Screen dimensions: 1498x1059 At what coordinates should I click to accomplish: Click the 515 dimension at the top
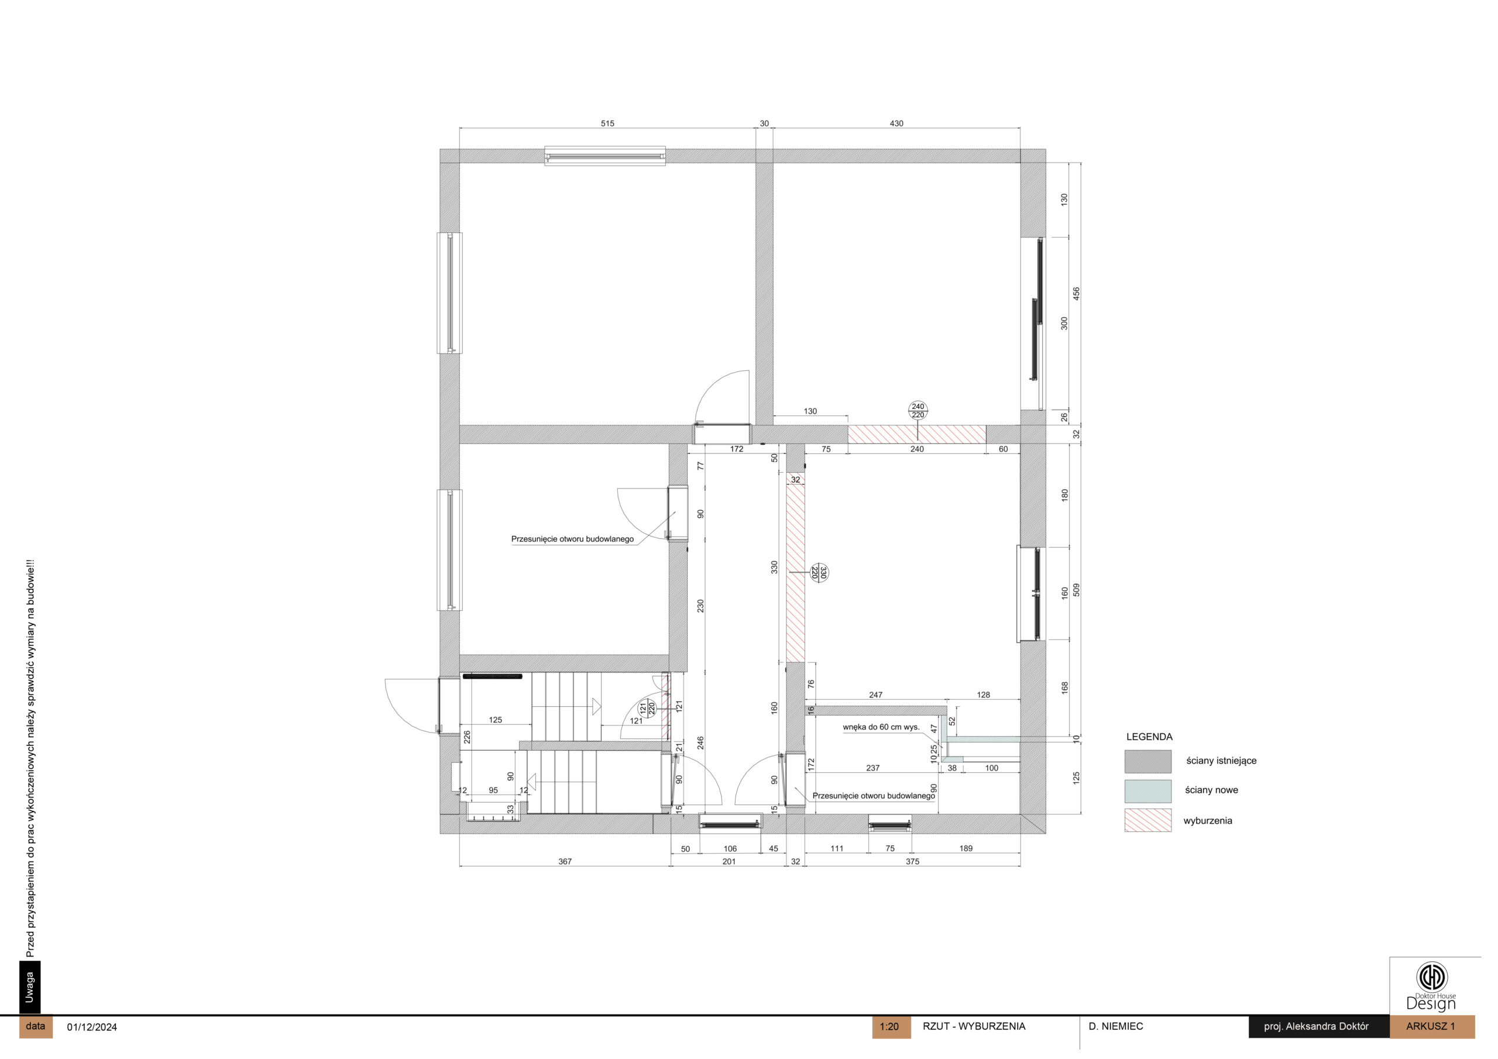point(607,123)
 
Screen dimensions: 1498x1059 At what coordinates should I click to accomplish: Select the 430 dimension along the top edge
point(896,123)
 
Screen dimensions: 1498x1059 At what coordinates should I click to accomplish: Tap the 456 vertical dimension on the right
point(1077,294)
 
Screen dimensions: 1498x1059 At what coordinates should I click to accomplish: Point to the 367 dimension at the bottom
point(565,861)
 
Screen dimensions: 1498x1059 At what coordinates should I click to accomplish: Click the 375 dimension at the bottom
point(912,861)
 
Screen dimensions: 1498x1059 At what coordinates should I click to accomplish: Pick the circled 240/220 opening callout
point(918,410)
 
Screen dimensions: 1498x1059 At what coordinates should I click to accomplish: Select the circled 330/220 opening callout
point(819,573)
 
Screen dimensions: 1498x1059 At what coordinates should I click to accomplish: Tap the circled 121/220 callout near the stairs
point(647,707)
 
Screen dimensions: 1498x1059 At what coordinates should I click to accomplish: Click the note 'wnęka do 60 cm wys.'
point(881,727)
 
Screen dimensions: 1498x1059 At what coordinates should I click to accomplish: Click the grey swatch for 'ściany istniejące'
point(1147,761)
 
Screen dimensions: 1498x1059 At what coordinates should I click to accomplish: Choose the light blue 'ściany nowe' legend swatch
point(1147,791)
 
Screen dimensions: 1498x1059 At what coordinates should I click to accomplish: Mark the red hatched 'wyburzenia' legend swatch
point(1147,820)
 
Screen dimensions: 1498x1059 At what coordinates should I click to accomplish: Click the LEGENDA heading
point(1149,737)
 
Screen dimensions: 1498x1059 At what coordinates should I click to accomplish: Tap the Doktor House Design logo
point(1431,986)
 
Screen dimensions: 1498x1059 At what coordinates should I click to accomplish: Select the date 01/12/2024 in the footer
point(92,1027)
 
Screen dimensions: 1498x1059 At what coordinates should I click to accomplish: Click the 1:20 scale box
point(891,1027)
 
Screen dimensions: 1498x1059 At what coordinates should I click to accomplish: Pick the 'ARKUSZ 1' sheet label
point(1431,1026)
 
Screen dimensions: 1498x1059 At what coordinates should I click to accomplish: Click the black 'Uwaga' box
point(29,987)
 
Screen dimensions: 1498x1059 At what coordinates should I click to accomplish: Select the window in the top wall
point(606,156)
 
